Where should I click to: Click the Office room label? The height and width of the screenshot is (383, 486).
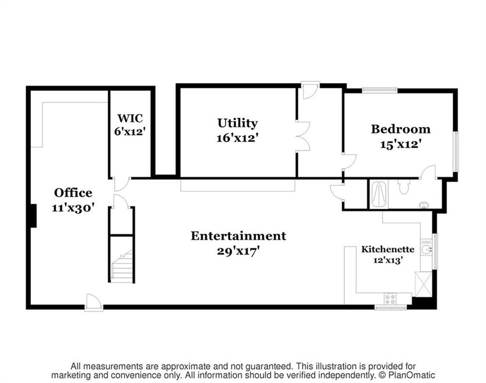click(73, 193)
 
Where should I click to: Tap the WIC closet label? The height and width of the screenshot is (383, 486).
click(130, 118)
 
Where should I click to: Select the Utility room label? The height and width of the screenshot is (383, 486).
click(237, 123)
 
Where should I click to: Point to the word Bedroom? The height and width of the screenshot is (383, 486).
click(401, 129)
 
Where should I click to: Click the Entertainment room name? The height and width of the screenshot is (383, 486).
click(238, 236)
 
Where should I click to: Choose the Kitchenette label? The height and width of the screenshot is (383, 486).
click(388, 249)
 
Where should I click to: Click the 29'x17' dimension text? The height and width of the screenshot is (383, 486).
click(238, 251)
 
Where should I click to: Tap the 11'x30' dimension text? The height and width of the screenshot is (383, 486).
click(73, 208)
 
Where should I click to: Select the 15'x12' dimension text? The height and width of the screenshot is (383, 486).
click(401, 144)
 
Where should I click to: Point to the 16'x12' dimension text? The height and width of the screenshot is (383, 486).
click(237, 138)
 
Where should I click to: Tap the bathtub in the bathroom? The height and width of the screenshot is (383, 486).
click(379, 194)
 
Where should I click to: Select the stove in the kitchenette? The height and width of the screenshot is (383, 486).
click(390, 299)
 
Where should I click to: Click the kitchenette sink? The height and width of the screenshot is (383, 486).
click(427, 249)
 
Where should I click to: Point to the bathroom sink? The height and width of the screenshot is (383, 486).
click(424, 205)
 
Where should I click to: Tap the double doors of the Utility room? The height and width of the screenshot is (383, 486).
click(302, 136)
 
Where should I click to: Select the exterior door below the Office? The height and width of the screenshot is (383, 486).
click(94, 303)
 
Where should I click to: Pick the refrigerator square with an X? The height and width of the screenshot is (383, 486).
click(423, 284)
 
